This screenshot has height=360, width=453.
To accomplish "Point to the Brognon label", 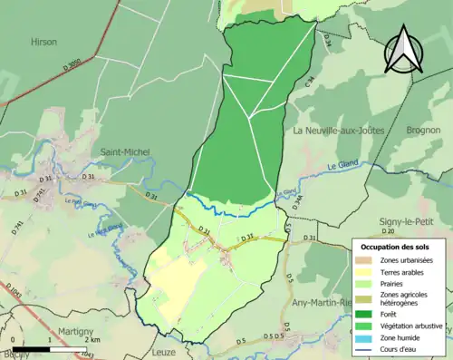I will click(x=423, y=131).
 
